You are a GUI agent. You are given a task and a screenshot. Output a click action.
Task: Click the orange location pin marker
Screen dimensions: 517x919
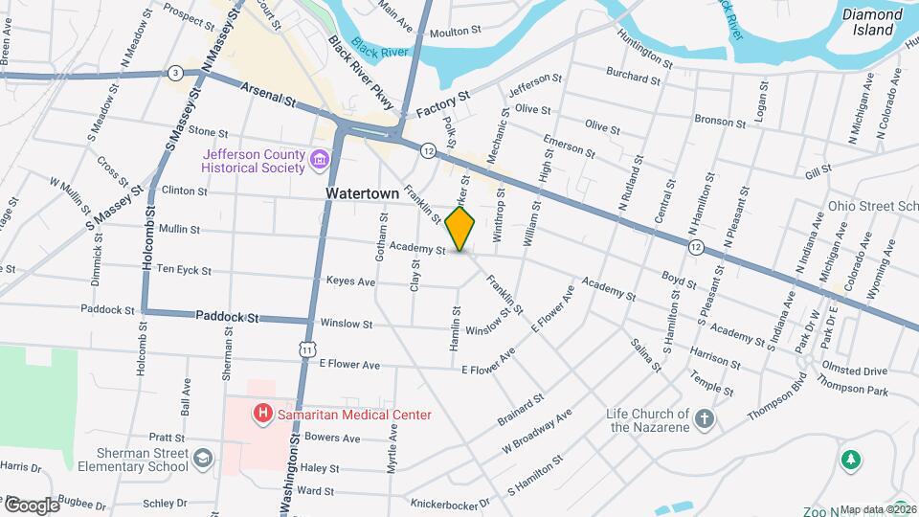tap(460, 228)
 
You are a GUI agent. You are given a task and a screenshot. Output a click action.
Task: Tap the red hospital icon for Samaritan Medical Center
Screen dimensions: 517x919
tap(261, 414)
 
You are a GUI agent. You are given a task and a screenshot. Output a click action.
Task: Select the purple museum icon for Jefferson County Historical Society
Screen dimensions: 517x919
tap(320, 160)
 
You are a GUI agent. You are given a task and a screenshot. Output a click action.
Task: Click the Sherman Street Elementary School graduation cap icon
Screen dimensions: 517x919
tap(203, 461)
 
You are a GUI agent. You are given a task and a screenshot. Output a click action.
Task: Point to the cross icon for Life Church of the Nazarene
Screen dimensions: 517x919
tap(704, 419)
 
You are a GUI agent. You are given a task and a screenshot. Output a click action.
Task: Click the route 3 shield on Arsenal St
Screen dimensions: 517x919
tap(174, 73)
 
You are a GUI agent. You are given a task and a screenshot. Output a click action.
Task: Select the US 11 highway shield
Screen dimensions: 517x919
tap(305, 350)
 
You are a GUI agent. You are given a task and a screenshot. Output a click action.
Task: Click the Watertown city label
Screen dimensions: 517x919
tap(362, 193)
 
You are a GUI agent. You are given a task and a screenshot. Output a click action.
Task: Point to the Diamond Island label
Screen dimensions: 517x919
tap(871, 22)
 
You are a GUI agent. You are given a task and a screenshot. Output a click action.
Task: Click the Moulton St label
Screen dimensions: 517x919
tap(455, 32)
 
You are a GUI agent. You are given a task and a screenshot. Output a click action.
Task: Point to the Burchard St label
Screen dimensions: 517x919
tap(634, 71)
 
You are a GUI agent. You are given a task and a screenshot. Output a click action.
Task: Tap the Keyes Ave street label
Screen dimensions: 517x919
tap(350, 282)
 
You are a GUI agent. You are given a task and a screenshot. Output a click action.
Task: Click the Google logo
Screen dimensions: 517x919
tap(32, 505)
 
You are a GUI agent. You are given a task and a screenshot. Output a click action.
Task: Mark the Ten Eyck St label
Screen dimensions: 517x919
tap(184, 271)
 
